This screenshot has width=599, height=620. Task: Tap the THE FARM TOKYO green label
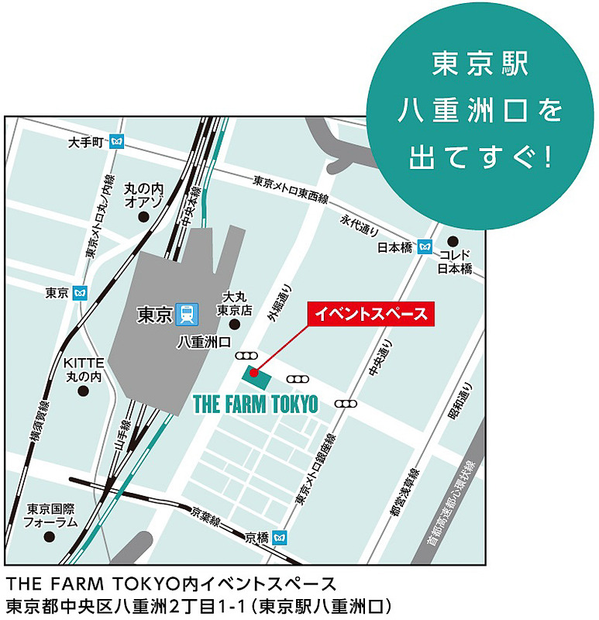tap(255, 404)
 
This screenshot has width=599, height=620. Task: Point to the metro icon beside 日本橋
tap(424, 247)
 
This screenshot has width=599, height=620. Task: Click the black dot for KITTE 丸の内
tap(83, 391)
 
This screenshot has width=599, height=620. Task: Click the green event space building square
tap(256, 377)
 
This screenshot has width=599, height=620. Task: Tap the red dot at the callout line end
tap(253, 372)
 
